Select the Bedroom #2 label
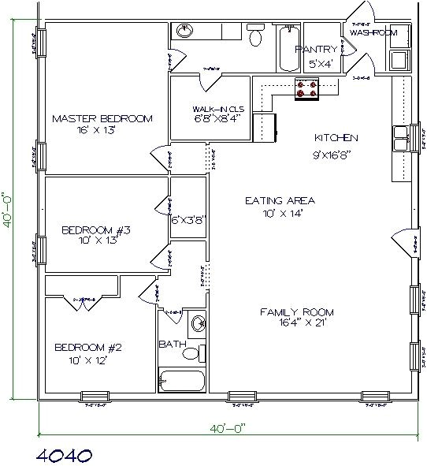[87, 347]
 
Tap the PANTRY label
[316, 49]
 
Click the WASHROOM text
[373, 33]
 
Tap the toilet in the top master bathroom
[255, 36]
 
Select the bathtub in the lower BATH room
[182, 380]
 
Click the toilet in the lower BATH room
[191, 352]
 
